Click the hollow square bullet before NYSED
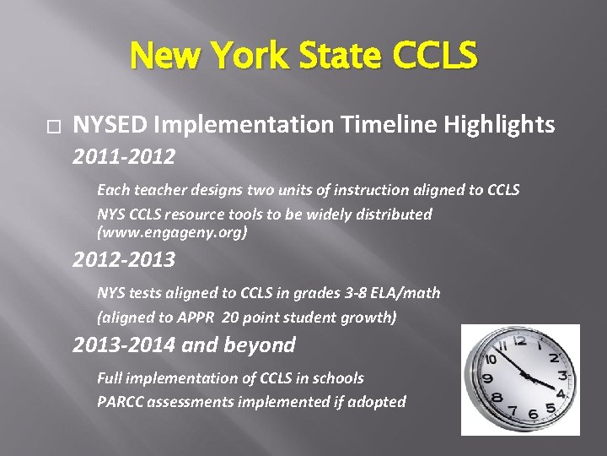click(55, 127)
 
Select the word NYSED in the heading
click(110, 125)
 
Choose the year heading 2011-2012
click(124, 157)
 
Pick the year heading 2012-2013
click(124, 260)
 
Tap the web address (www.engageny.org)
click(172, 231)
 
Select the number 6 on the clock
click(532, 414)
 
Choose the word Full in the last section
click(110, 377)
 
